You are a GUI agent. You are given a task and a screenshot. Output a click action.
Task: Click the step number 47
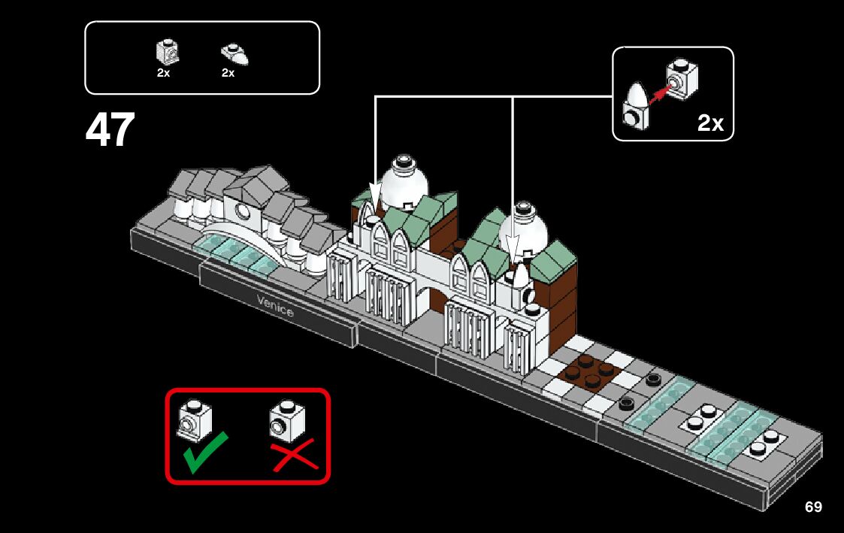pyautogui.click(x=110, y=130)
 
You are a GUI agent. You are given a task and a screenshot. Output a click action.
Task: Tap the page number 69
pyautogui.click(x=813, y=507)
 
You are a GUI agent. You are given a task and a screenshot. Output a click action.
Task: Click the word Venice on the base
pyautogui.click(x=275, y=305)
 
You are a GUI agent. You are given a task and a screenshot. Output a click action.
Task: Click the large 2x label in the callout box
pyautogui.click(x=709, y=123)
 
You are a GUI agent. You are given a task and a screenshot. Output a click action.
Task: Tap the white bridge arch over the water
pyautogui.click(x=240, y=235)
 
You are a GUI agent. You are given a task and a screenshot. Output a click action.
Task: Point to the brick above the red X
pyautogui.click(x=288, y=421)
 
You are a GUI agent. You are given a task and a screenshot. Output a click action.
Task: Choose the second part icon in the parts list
pyautogui.click(x=234, y=54)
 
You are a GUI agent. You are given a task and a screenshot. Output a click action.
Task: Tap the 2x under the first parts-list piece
pyautogui.click(x=164, y=73)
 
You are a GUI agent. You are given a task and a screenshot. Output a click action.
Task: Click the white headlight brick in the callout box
pyautogui.click(x=682, y=79)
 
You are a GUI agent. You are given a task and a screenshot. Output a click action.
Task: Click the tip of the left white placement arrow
pyautogui.click(x=375, y=204)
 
